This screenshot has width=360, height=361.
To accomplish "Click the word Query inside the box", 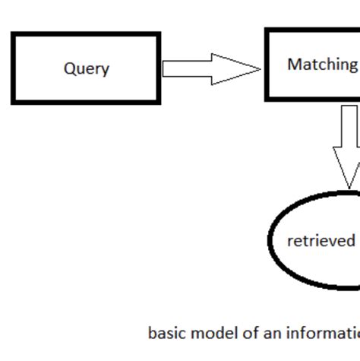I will tap(86, 68).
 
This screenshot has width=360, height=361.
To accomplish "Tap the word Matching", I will tap(322, 65).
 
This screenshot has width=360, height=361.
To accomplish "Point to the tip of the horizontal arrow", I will tap(261, 68).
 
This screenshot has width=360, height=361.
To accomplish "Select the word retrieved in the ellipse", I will tap(321, 241).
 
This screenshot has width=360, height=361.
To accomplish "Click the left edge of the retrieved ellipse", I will tap(271, 240).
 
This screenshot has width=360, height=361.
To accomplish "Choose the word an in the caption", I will tap(265, 334).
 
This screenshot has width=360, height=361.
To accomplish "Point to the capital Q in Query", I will tap(69, 68).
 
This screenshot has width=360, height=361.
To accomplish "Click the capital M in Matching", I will tap(294, 65).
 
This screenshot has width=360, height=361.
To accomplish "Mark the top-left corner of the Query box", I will tap(13, 34).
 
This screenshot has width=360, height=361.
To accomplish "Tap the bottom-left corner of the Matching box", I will tap(267, 99).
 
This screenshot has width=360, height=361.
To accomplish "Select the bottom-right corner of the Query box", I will tap(159, 102).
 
